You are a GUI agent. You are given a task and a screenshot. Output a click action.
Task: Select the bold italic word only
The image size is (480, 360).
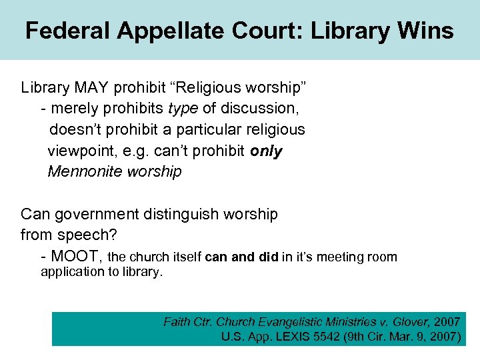(266, 151)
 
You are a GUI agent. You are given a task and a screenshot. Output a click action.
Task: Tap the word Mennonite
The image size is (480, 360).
(86, 172)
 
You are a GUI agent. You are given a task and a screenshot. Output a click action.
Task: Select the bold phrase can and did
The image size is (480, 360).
(242, 257)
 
